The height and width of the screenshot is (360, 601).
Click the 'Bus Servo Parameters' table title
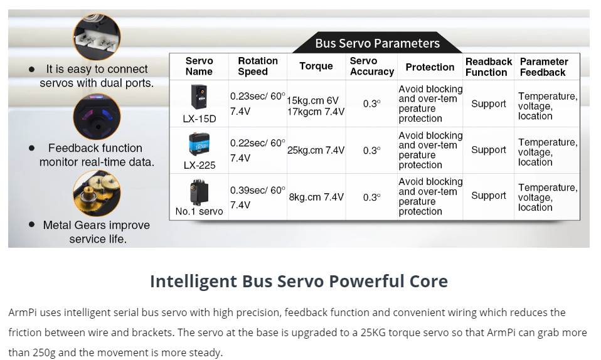coord(377,43)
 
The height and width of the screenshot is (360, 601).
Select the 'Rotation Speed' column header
coord(258,66)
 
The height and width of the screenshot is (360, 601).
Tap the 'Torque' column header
coord(316,66)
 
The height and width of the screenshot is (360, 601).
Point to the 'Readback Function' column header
coord(488,67)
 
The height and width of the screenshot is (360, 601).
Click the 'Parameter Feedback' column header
coord(543,67)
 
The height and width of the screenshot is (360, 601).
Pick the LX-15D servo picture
coord(199,97)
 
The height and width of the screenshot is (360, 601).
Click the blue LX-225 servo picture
coord(199,144)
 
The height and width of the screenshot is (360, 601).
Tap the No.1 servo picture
coord(199,193)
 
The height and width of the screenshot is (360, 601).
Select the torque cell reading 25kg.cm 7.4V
coord(316,151)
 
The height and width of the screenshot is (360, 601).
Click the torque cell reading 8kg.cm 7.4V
coord(316,197)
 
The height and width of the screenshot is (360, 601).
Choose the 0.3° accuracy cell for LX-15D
coord(371,104)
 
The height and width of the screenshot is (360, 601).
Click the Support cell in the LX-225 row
coord(488,150)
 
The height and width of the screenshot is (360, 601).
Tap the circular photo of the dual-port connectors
coord(97,37)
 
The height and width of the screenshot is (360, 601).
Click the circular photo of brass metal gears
coord(97,193)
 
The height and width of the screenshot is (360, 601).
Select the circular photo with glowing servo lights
coord(97,117)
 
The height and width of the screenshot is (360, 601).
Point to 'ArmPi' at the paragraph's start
coord(23,312)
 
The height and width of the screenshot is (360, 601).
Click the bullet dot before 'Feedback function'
coord(32,148)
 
